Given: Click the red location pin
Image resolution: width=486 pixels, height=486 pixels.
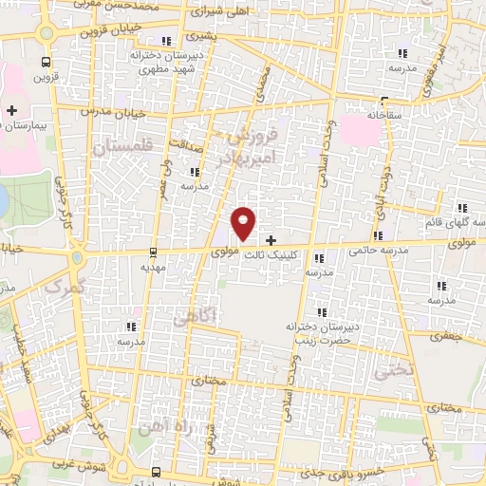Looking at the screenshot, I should [x=245, y=222].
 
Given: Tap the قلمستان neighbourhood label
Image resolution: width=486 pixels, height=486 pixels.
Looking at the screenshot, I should [x=123, y=148].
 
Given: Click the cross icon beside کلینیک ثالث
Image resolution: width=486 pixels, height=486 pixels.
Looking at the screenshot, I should [x=272, y=241].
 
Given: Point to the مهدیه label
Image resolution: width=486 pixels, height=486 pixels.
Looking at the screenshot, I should [x=154, y=268].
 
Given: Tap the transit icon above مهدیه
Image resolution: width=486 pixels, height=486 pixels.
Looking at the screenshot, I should [x=154, y=252].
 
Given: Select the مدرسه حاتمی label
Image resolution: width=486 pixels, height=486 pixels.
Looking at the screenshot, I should [x=378, y=251].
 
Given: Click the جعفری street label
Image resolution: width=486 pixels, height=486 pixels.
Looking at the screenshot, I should [x=445, y=335].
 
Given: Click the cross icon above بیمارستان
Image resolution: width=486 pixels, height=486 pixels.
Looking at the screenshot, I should [x=11, y=111].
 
